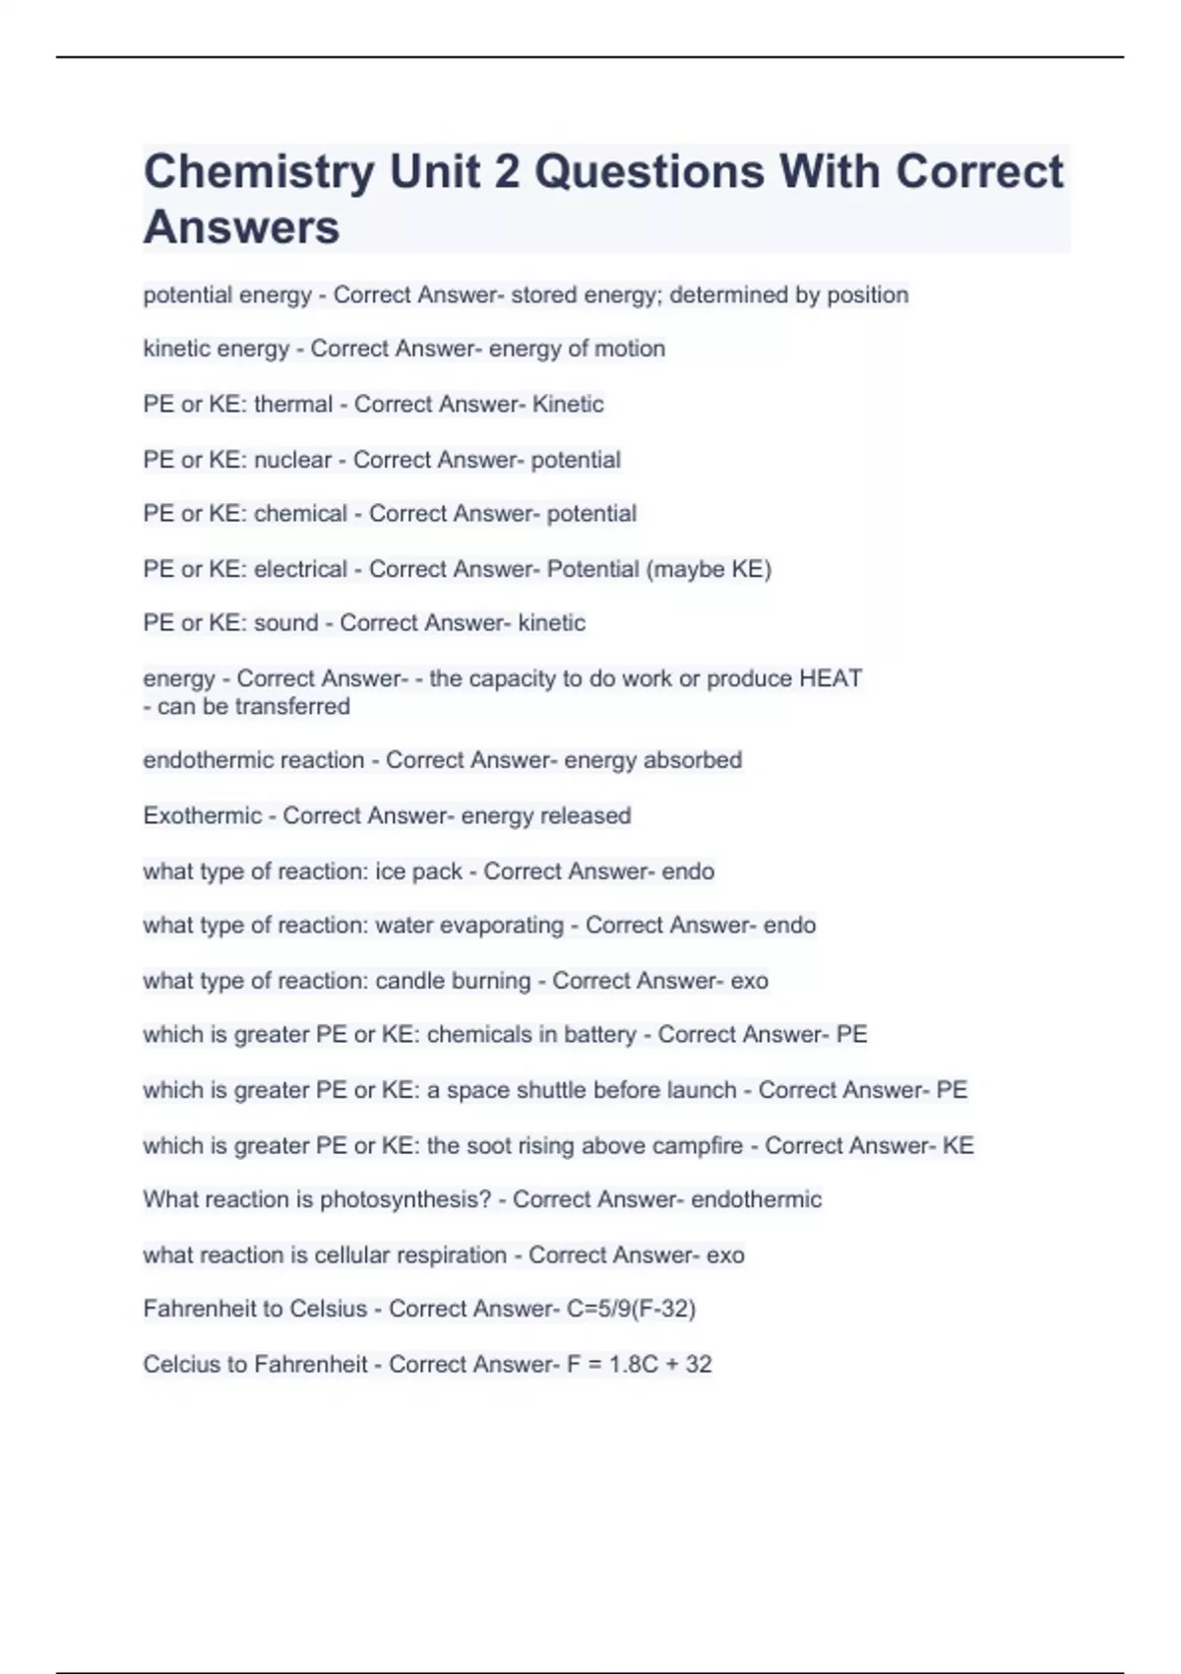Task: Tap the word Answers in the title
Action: click(241, 227)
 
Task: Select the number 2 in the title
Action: click(506, 172)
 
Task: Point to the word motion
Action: click(629, 349)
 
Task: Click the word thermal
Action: click(293, 404)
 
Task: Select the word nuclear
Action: click(292, 460)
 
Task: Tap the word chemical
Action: click(300, 514)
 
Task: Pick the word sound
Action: click(285, 623)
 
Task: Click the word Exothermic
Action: click(203, 816)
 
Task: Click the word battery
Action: click(599, 1035)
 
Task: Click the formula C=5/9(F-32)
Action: click(631, 1309)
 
